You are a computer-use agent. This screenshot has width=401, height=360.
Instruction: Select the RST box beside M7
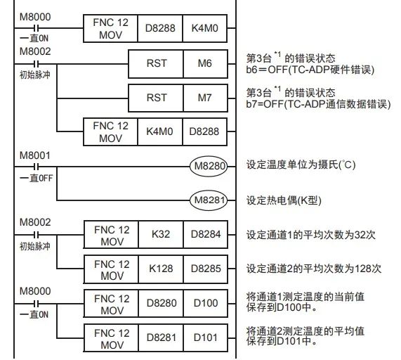pos(157,98)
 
